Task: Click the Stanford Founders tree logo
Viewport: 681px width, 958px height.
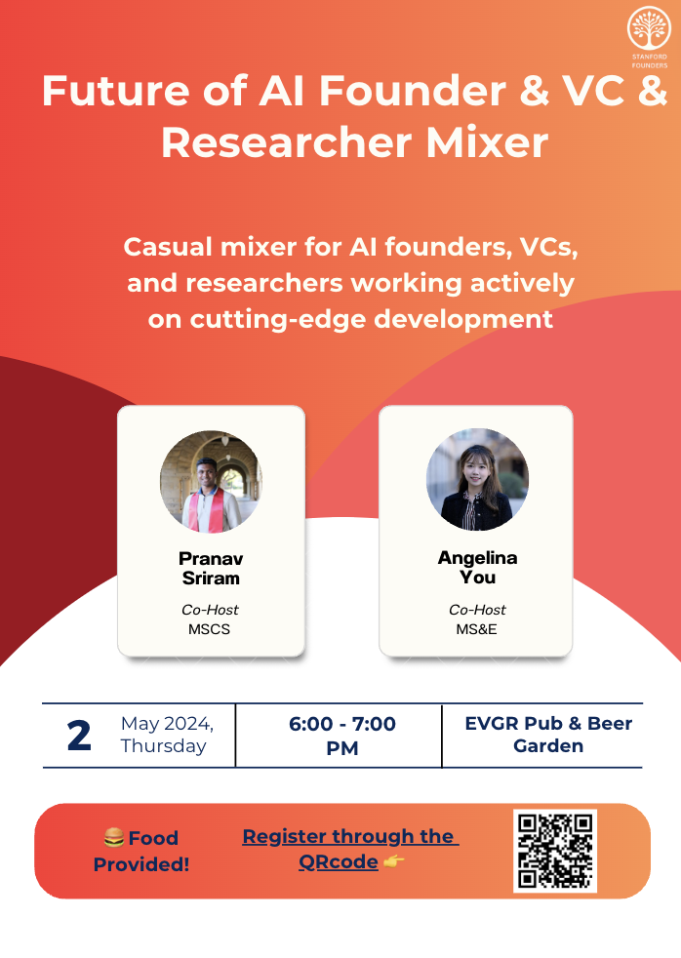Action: point(649,28)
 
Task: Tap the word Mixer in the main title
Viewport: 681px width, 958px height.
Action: point(487,143)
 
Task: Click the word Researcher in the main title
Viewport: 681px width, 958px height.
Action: point(287,143)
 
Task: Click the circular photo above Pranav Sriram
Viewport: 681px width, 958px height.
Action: point(211,482)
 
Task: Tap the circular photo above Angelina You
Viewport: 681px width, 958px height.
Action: point(478,480)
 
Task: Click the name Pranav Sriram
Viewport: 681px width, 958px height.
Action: point(211,568)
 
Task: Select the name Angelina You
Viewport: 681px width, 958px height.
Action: point(478,567)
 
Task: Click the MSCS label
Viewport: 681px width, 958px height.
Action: point(209,629)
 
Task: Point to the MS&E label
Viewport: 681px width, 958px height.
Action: point(476,629)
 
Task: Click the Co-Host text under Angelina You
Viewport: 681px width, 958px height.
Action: point(477,610)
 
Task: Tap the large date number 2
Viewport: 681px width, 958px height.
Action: point(79,735)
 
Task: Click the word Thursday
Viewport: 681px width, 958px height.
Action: point(163,746)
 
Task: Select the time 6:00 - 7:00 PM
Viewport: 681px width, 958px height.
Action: point(342,736)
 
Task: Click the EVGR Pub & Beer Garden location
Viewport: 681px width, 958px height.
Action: point(548,735)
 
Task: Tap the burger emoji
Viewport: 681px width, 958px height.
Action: point(113,837)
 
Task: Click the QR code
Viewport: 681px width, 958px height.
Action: point(554,851)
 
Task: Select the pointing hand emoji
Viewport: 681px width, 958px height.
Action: point(393,861)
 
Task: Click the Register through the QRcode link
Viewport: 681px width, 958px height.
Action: point(350,850)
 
